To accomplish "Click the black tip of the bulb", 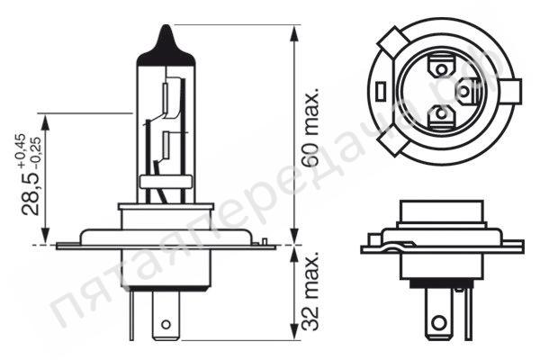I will point(166,41).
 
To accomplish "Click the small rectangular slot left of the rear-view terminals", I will point(382,92).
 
